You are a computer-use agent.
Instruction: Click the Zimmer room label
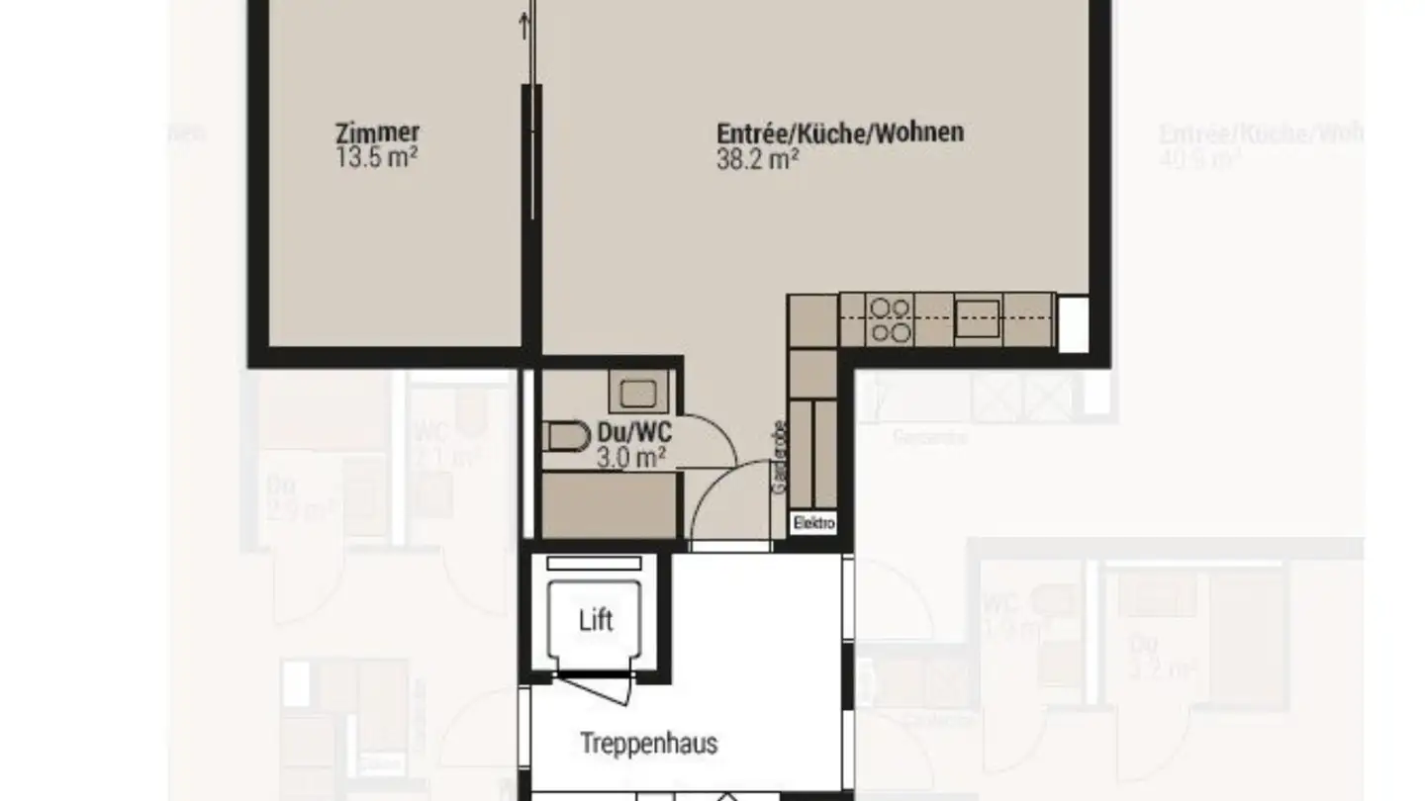(x=377, y=133)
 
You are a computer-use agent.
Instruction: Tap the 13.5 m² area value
(x=376, y=157)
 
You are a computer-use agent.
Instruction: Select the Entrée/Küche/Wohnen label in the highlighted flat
(x=840, y=133)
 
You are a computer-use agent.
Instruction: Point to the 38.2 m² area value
(x=758, y=159)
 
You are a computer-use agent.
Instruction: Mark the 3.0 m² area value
(x=630, y=456)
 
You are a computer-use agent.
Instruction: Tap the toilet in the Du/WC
(x=562, y=436)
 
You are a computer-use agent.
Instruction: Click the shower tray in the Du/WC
(x=609, y=504)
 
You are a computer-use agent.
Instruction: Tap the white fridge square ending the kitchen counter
(x=1073, y=323)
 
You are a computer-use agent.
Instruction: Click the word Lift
(x=596, y=621)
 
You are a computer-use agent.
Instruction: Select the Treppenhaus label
(x=648, y=744)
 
